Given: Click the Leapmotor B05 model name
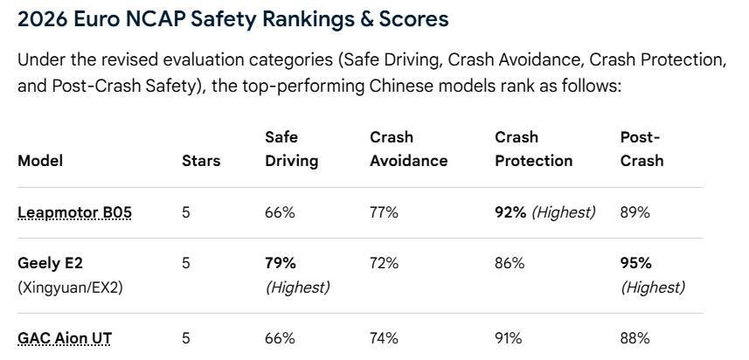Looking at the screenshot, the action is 74,212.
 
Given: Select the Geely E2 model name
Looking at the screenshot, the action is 53,263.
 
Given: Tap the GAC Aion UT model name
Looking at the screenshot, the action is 65,338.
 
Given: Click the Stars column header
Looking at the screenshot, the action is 201,161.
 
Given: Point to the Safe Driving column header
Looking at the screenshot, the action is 291,149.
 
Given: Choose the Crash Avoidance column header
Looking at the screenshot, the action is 408,149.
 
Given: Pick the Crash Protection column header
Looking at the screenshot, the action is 534,149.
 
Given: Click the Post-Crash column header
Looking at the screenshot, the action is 642,149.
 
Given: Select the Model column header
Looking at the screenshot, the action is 40,161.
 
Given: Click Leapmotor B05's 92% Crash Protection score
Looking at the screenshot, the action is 510,212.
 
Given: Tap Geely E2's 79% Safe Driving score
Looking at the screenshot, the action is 281,263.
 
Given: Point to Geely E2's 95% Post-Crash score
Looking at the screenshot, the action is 635,263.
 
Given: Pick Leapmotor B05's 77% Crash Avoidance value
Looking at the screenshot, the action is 384,212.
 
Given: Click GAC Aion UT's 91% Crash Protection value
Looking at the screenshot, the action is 509,338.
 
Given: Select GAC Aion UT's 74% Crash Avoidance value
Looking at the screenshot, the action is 384,338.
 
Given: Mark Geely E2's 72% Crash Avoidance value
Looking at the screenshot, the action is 384,263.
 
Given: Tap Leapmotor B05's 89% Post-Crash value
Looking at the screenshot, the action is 635,212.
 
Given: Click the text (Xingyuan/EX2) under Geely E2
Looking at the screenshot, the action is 70,287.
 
